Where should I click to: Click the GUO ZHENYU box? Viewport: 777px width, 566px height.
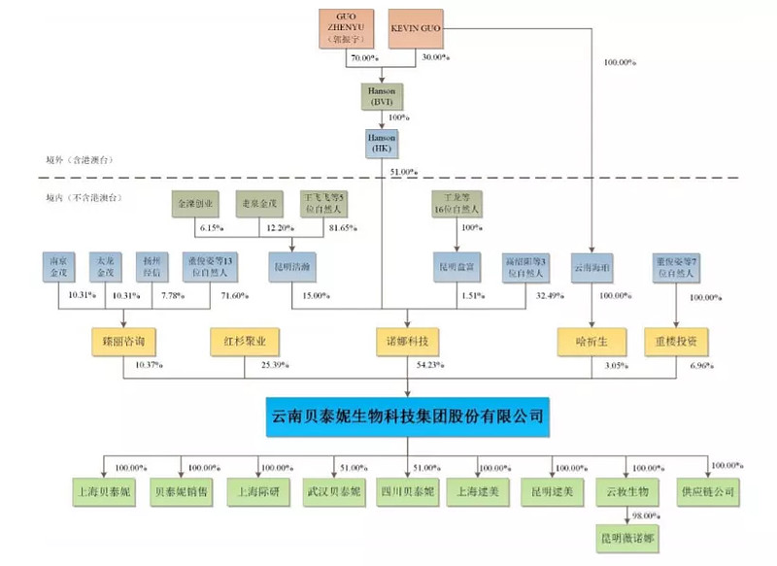point(349,28)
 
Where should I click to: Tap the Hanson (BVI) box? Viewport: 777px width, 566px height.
point(381,96)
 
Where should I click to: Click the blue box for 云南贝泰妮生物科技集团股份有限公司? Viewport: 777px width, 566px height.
point(408,416)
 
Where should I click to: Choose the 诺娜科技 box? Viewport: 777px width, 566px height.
point(408,341)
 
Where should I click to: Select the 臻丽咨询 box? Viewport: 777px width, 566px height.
point(122,341)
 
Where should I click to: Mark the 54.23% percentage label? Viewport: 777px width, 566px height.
point(427,366)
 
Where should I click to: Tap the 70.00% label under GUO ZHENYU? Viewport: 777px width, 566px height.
point(362,59)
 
